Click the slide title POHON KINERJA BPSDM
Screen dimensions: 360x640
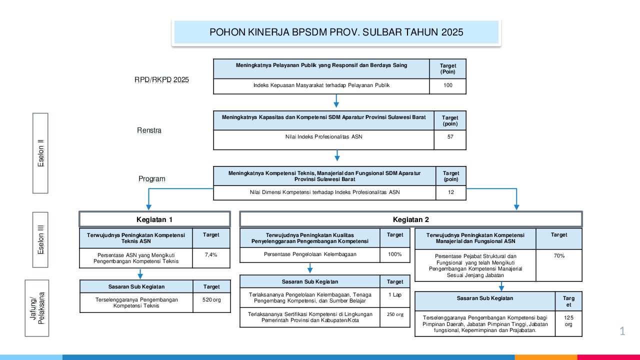pos(336,32)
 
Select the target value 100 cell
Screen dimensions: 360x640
pos(447,86)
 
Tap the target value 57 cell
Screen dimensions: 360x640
pos(450,137)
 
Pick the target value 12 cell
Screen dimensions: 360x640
pos(451,192)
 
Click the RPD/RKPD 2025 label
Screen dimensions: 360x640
pos(161,79)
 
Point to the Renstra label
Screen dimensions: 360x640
pos(149,130)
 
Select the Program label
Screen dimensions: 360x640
pos(152,179)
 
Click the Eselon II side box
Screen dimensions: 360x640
pos(40,153)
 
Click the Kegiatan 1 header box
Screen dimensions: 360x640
pos(154,219)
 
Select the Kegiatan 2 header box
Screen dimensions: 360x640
pos(411,219)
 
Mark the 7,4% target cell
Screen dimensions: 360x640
pos(211,255)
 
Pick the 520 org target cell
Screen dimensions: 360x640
pos(211,300)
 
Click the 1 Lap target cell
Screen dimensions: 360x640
pos(395,295)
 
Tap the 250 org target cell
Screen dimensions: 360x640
pos(395,315)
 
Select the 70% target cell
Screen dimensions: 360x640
pos(559,256)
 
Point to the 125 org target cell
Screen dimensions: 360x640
pos(568,321)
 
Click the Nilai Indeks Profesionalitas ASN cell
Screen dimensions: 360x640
pos(321,137)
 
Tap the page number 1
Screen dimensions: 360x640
pos(622,331)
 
